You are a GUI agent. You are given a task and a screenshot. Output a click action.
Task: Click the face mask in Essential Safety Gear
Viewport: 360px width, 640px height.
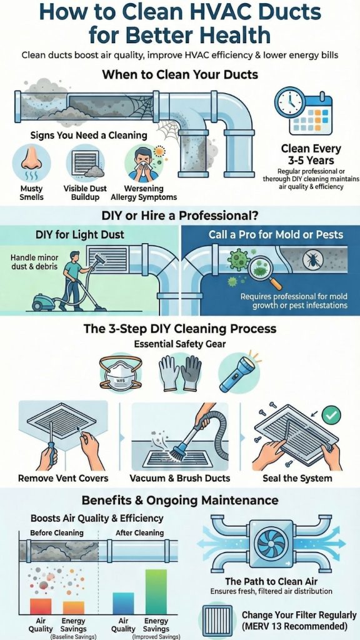point(121,373)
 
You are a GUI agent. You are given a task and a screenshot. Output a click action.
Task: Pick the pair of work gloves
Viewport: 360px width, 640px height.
point(180,372)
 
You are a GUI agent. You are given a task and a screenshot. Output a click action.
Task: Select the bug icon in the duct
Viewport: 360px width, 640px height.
point(312,259)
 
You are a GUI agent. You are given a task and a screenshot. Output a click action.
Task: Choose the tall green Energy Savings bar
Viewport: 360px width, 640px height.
point(156,592)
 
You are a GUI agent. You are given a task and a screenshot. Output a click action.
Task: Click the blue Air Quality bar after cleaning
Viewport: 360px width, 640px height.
point(123,603)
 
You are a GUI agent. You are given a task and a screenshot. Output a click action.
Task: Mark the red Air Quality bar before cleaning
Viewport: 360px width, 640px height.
point(41,606)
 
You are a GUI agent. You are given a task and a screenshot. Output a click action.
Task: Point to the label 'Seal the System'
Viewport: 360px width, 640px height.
point(297,478)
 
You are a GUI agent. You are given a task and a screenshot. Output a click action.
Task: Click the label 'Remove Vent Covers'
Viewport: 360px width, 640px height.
point(63,478)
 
